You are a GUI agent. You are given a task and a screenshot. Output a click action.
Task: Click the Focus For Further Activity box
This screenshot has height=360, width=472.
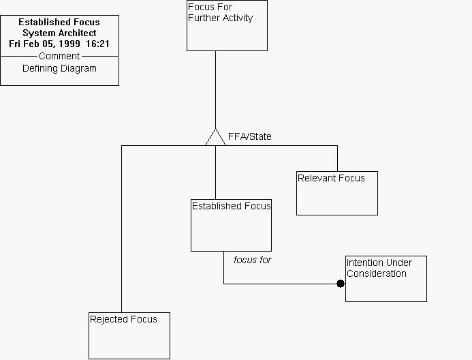click(x=227, y=26)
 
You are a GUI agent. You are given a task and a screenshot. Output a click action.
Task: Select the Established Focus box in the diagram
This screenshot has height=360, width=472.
click(x=231, y=225)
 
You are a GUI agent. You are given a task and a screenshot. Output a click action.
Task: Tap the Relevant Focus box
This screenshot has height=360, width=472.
click(x=336, y=193)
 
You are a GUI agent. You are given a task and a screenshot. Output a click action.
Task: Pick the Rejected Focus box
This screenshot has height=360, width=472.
click(x=129, y=335)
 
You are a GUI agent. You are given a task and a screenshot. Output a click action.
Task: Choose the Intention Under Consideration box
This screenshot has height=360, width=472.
click(x=386, y=279)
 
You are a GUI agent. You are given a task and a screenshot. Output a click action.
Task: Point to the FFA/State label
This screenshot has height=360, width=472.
click(x=249, y=136)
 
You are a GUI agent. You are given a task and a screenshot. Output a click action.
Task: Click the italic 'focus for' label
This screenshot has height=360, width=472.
click(x=252, y=260)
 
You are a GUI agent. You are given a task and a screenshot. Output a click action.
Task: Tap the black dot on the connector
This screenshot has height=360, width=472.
click(x=341, y=284)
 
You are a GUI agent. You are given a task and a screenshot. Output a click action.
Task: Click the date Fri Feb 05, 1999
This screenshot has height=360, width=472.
click(x=45, y=44)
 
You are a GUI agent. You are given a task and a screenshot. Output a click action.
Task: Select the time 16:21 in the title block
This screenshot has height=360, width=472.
click(x=98, y=44)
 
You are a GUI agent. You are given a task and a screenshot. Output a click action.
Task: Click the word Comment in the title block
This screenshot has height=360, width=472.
click(x=59, y=56)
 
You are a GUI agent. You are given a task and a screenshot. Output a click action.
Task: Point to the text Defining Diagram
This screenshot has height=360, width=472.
click(x=59, y=68)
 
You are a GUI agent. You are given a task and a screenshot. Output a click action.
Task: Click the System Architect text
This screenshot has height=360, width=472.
click(x=59, y=33)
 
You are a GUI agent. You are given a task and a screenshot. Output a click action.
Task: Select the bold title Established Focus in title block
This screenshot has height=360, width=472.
click(x=59, y=22)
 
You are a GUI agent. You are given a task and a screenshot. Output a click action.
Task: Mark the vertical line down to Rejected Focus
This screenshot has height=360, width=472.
click(x=121, y=232)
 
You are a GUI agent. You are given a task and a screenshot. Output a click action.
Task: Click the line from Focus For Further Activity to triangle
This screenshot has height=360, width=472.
click(x=215, y=89)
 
